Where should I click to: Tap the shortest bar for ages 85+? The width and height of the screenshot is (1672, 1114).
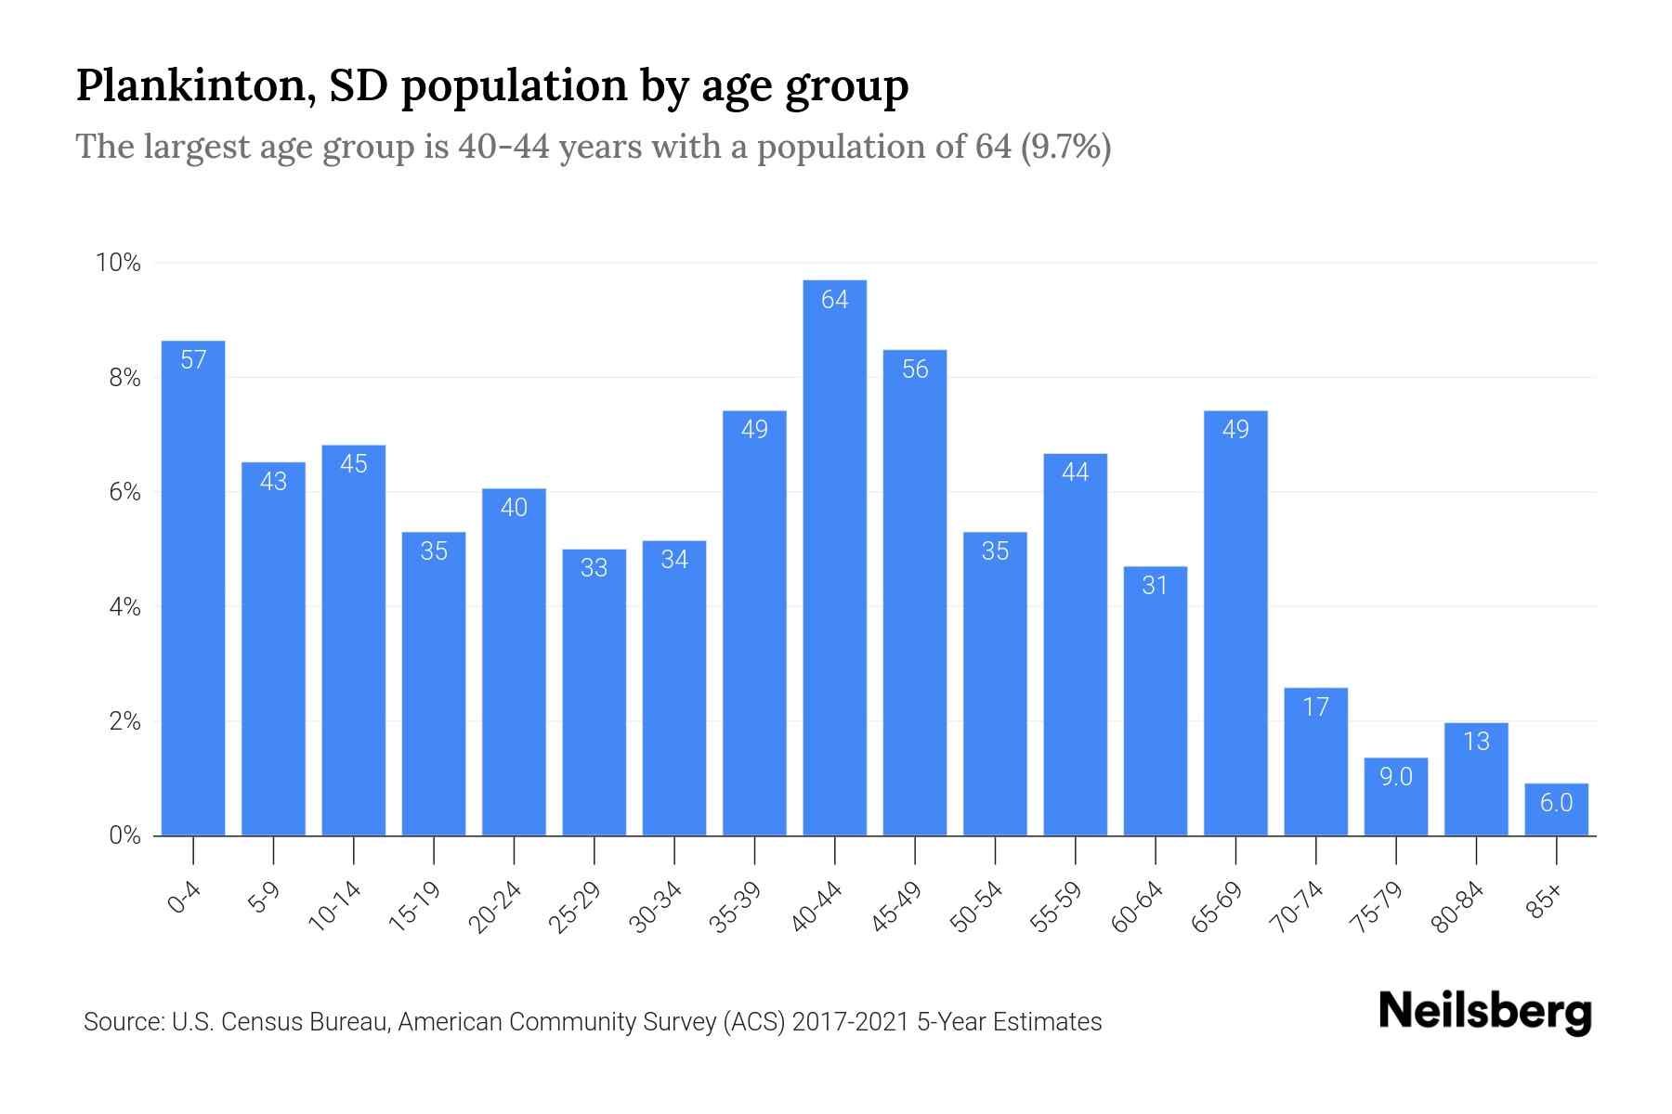pyautogui.click(x=1556, y=810)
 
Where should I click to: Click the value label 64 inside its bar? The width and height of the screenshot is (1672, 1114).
pyautogui.click(x=834, y=299)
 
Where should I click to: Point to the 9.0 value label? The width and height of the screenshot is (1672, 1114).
pyautogui.click(x=1395, y=776)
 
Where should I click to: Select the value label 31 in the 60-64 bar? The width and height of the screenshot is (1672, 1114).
pyautogui.click(x=1155, y=585)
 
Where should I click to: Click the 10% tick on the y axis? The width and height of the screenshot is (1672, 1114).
pyautogui.click(x=118, y=263)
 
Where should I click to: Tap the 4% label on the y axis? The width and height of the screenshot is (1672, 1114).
pyautogui.click(x=124, y=607)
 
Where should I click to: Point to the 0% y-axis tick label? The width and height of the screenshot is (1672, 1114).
pyautogui.click(x=124, y=835)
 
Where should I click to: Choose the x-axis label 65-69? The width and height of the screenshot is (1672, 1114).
pyautogui.click(x=1216, y=907)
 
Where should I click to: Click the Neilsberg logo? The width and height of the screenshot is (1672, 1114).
pyautogui.click(x=1484, y=1012)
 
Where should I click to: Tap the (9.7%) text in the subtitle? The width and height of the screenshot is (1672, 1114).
pyautogui.click(x=1065, y=147)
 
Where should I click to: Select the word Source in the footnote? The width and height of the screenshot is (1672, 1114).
pyautogui.click(x=122, y=1022)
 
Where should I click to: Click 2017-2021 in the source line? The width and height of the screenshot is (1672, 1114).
pyautogui.click(x=850, y=1022)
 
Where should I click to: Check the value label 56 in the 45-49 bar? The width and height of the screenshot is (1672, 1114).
pyautogui.click(x=915, y=369)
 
